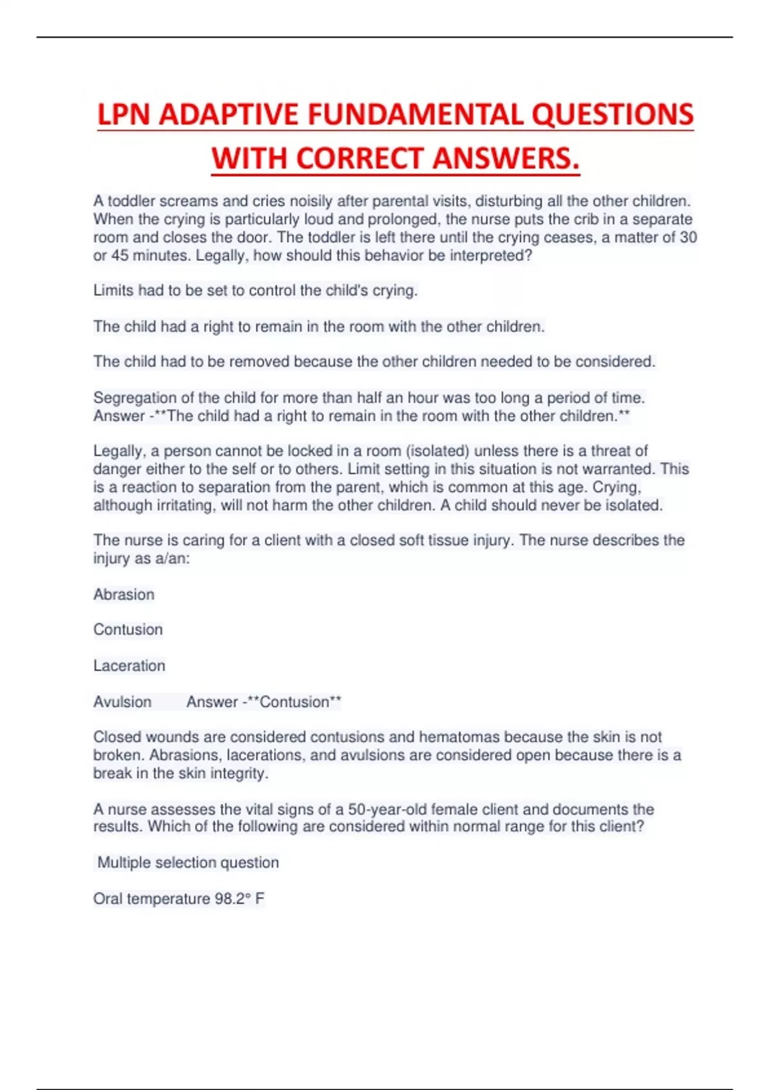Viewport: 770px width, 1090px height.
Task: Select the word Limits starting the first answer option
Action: pos(114,290)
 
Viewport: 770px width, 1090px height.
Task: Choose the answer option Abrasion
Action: pos(124,594)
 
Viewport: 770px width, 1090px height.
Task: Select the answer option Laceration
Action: pos(129,666)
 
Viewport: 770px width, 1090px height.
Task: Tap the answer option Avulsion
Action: pos(122,702)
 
